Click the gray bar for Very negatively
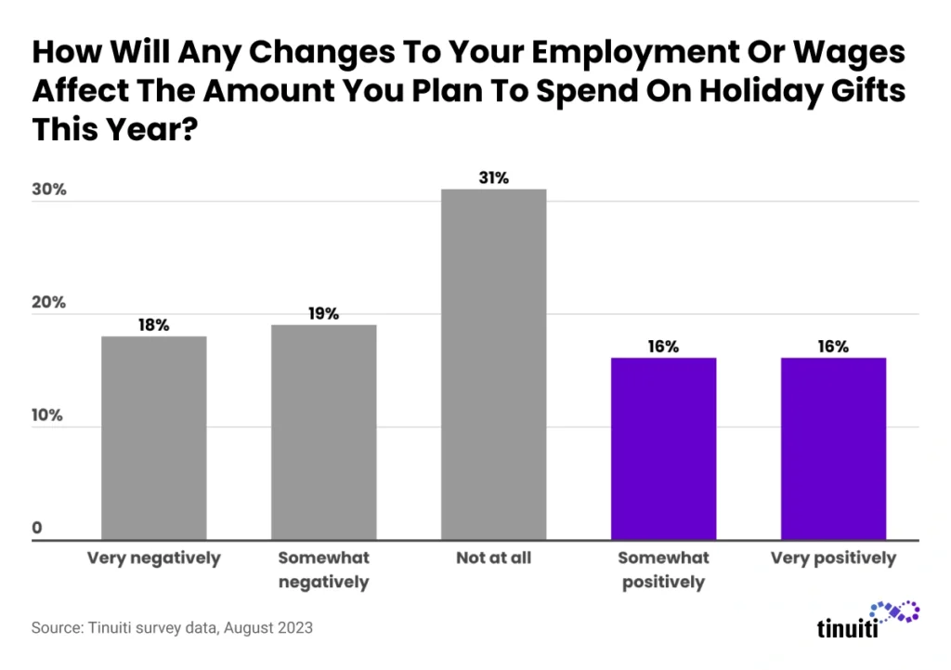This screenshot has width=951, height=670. (153, 437)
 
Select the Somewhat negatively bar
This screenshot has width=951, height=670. (323, 431)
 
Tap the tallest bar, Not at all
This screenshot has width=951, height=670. (493, 363)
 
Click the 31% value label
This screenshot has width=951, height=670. (493, 177)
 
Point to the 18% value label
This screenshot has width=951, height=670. (153, 325)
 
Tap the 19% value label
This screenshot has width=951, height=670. (323, 314)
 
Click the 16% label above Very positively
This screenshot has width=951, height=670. (833, 347)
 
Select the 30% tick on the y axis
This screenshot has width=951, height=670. (49, 190)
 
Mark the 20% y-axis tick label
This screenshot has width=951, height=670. (49, 304)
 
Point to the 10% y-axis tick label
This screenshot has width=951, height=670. (48, 415)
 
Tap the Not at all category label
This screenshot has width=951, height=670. (493, 558)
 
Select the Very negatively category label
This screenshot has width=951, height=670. (153, 558)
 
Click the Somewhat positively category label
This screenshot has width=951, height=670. (663, 570)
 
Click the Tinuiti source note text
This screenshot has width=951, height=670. (172, 627)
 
